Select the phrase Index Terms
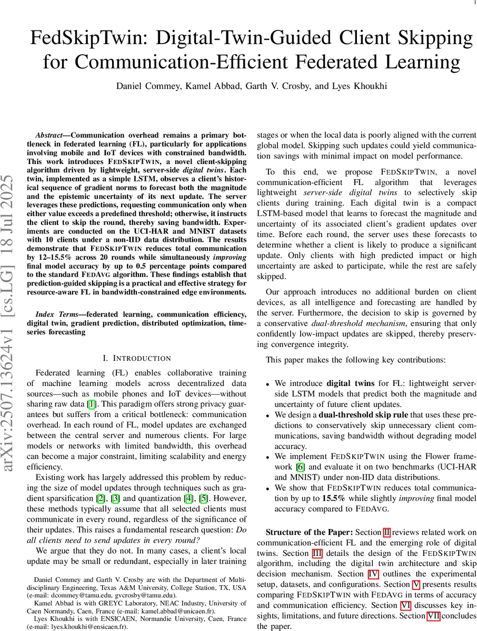click(55, 314)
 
